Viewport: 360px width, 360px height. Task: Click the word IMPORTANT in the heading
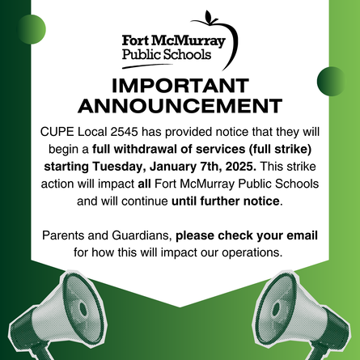(x=180, y=86)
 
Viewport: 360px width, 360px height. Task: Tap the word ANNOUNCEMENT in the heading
(x=180, y=106)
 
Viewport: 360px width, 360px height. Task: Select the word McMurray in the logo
(x=188, y=41)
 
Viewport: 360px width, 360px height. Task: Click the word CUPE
(x=57, y=132)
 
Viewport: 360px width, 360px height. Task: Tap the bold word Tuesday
(x=117, y=167)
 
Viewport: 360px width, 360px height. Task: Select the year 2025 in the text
(x=241, y=167)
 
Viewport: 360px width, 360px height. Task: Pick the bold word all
(x=144, y=184)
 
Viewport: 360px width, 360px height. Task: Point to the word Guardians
(x=142, y=235)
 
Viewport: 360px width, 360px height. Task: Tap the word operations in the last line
(x=252, y=252)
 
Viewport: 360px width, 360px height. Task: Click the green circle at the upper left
(x=32, y=29)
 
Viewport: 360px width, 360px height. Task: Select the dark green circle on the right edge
(x=332, y=81)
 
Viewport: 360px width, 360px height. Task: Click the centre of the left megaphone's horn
(x=83, y=309)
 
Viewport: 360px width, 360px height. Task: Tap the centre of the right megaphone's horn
(x=277, y=309)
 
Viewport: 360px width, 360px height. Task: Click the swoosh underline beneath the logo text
(x=147, y=66)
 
